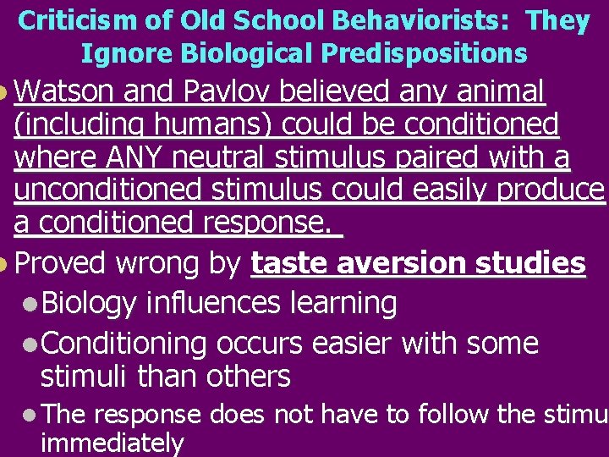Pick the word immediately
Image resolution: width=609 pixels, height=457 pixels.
tap(112, 442)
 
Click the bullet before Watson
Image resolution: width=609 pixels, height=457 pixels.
tap(5, 91)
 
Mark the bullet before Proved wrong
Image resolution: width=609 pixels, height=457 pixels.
tap(5, 265)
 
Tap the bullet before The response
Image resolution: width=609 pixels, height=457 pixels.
tap(31, 416)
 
